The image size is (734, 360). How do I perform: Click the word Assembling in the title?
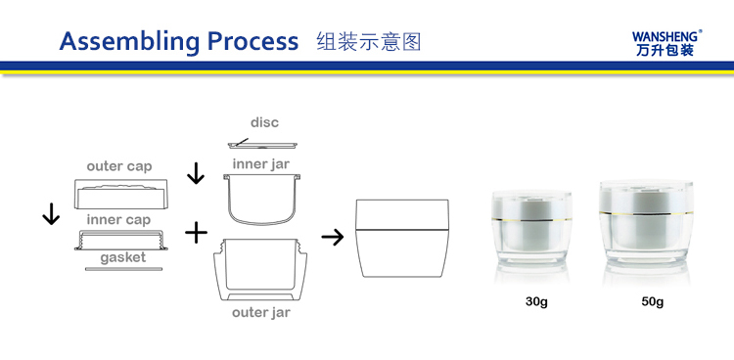click(x=129, y=42)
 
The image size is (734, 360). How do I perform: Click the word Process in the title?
click(x=252, y=41)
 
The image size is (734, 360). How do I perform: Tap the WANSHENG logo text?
click(x=666, y=36)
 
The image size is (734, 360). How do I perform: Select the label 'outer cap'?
click(x=119, y=166)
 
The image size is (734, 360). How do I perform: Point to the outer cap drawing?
click(x=120, y=194)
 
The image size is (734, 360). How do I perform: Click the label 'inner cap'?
click(x=118, y=220)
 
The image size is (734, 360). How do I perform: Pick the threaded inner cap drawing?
click(x=120, y=240)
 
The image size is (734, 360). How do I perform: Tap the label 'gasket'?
click(x=123, y=258)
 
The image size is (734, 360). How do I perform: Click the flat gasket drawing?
click(x=123, y=269)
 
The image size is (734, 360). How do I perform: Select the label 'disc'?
click(x=264, y=122)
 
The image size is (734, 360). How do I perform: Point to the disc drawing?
click(x=262, y=144)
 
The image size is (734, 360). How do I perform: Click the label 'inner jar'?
click(x=261, y=164)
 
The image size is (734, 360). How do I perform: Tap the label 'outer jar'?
click(x=261, y=312)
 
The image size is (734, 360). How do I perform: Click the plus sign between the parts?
click(x=196, y=233)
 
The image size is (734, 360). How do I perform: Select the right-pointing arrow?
click(x=333, y=238)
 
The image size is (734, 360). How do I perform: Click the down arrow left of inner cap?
click(x=51, y=214)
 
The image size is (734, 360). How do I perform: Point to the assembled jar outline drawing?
click(x=402, y=239)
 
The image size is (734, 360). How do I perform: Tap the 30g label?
click(x=536, y=302)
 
